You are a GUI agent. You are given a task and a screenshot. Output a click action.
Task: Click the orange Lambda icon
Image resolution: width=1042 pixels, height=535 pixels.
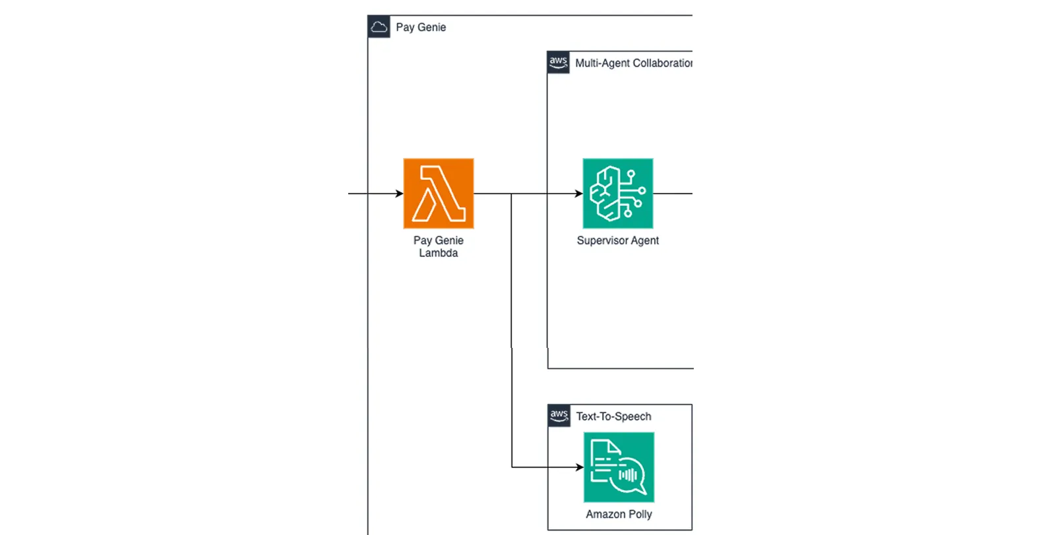[x=439, y=193]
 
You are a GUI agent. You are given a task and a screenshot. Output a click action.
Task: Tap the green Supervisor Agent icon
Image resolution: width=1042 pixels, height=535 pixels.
[x=618, y=193]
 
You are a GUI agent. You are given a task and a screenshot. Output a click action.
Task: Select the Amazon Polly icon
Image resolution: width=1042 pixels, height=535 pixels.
[x=619, y=467]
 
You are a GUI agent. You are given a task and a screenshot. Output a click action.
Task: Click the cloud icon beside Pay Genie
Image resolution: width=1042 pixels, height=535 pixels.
[x=379, y=27]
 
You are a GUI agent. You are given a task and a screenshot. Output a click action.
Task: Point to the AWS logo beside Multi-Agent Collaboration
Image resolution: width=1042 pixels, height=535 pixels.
[x=558, y=63]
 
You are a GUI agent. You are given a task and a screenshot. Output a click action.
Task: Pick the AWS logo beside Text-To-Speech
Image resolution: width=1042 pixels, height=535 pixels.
[x=559, y=416]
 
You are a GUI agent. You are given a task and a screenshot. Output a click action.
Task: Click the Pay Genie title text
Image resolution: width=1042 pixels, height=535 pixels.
[x=421, y=28]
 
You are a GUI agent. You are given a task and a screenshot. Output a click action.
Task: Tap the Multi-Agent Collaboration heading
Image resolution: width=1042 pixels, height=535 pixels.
[x=634, y=63]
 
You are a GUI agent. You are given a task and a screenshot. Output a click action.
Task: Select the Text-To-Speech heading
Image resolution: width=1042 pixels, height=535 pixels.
[x=613, y=416]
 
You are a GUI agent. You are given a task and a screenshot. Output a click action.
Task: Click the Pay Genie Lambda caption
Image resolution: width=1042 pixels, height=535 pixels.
[x=438, y=246]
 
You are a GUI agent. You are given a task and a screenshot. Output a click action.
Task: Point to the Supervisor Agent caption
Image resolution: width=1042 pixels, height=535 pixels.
[x=618, y=240]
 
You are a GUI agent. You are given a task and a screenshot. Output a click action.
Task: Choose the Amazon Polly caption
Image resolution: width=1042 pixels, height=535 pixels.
[x=619, y=514]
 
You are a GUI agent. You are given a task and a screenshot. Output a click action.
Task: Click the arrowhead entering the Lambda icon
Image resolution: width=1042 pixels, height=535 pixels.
[x=400, y=193]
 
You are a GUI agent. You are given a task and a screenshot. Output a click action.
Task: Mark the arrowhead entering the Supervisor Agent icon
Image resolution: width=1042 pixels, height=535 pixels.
[x=578, y=193]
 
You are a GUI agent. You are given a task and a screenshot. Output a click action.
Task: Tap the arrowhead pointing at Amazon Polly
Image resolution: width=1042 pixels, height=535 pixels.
[x=580, y=467]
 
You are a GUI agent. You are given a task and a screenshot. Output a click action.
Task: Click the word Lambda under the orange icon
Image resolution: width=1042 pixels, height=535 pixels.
[x=438, y=253]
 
